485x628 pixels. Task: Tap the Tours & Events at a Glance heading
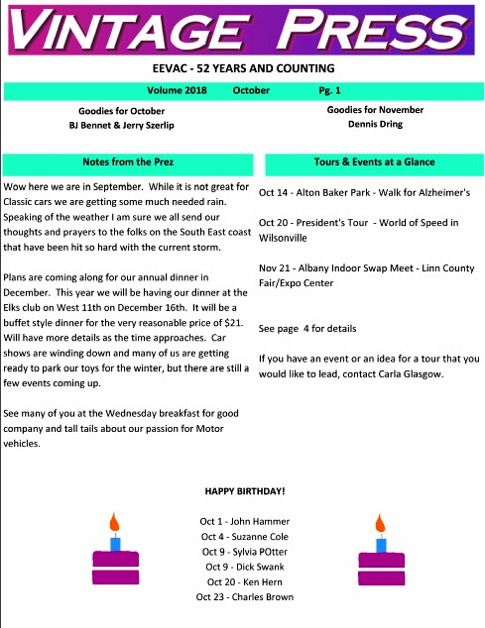(374, 162)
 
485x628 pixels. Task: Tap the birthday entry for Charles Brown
(245, 597)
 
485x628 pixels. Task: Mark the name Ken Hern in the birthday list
(262, 582)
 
